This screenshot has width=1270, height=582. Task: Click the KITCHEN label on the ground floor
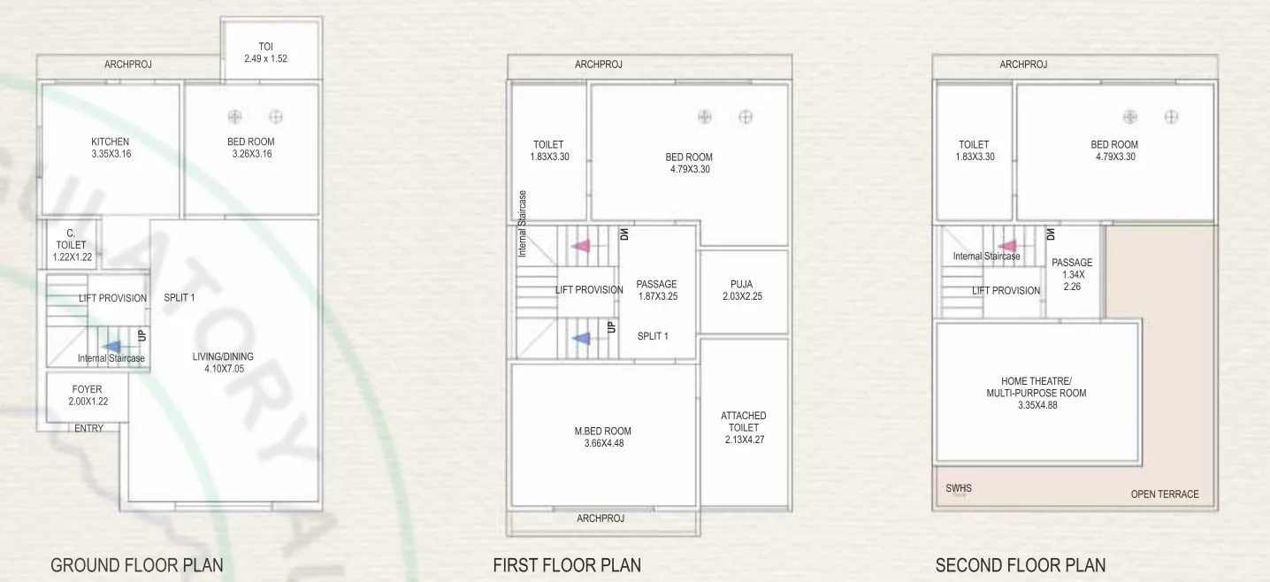point(111,148)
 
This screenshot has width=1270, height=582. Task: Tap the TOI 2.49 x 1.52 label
point(266,52)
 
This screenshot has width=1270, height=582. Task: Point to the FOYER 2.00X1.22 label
point(87,395)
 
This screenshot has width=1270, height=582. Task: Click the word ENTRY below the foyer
point(88,428)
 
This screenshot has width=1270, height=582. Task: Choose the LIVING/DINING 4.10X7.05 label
point(223,363)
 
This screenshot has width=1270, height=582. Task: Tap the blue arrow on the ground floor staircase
point(112,348)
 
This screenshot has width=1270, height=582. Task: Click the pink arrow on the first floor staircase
point(580,246)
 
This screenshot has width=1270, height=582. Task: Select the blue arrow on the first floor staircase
point(580,338)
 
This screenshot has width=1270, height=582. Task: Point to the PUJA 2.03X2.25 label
point(742,290)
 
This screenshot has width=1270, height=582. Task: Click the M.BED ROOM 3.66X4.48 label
point(602,437)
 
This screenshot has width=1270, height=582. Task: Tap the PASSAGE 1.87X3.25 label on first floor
point(657,290)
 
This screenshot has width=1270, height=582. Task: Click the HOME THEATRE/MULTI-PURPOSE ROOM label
point(1036,393)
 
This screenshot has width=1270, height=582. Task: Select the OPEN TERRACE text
point(1165,494)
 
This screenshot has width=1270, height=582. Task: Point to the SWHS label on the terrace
point(959,487)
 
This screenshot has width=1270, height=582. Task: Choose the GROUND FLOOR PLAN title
point(137,565)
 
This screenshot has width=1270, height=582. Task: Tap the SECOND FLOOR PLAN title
point(1020,565)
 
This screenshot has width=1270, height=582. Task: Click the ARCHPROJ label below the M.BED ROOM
point(601,518)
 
